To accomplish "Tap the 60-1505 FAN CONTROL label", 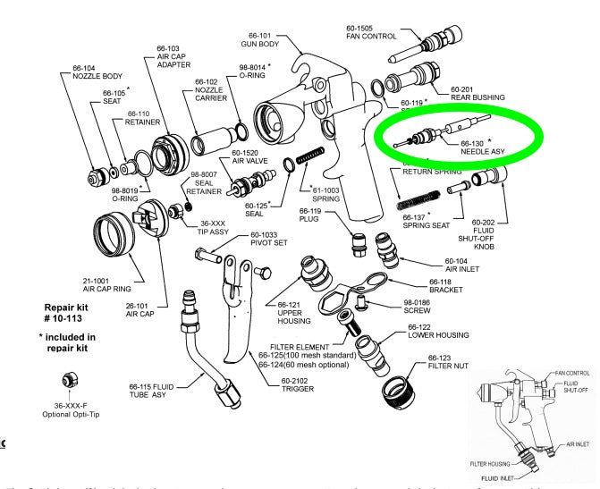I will tap(369, 31).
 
